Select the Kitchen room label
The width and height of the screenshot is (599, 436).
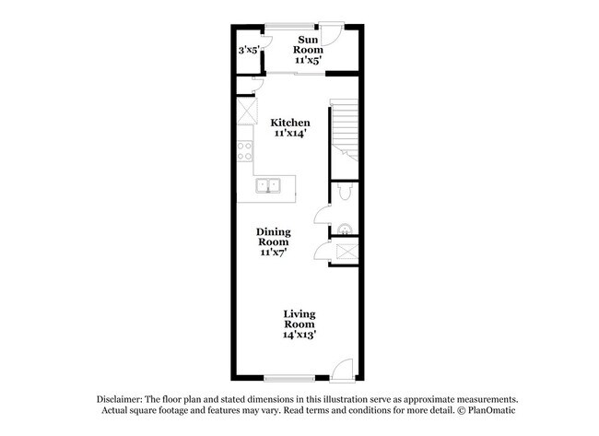point(289,123)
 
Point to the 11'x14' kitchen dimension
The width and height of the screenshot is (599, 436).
point(289,134)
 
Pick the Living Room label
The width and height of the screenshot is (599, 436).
point(299,320)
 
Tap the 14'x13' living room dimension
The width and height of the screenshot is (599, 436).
point(299,336)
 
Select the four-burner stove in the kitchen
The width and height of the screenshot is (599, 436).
point(245,151)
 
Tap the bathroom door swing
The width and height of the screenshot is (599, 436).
point(321,217)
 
